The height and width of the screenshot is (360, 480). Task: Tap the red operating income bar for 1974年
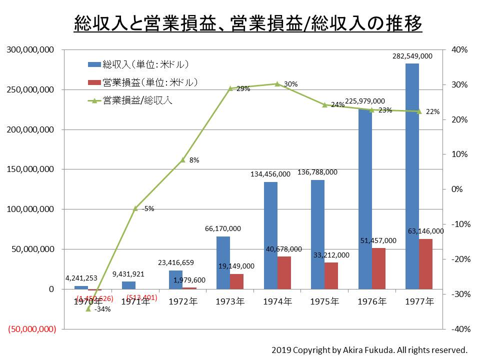284,272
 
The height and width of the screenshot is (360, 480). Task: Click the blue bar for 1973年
223,262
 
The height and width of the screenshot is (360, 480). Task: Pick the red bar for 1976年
378,268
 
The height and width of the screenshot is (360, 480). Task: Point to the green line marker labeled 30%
277,84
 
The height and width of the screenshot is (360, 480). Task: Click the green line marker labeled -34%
88,308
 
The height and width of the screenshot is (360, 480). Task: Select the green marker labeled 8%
182,160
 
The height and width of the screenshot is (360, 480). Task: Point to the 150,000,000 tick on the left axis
29,169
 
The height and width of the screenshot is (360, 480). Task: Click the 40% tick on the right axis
459,50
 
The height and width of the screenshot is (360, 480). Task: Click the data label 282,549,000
412,56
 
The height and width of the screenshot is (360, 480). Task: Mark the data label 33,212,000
331,255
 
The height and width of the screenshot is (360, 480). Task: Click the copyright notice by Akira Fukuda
369,349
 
